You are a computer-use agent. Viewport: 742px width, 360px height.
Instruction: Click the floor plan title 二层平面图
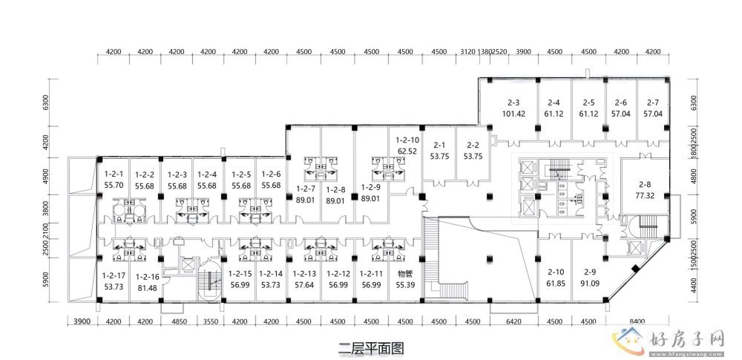pyautogui.click(x=370, y=346)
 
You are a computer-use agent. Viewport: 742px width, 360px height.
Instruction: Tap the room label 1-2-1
pyautogui.click(x=114, y=174)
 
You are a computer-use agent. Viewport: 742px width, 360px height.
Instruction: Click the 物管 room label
pyautogui.click(x=405, y=272)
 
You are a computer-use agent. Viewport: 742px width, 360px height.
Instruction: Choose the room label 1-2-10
pyautogui.click(x=407, y=140)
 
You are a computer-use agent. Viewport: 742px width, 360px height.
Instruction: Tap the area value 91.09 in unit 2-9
pyautogui.click(x=590, y=284)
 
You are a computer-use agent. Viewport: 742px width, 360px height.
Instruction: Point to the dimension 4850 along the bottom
pyautogui.click(x=178, y=321)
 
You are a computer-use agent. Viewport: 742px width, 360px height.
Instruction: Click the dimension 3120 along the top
pyautogui.click(x=467, y=53)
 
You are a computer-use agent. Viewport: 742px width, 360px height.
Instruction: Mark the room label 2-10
pyautogui.click(x=556, y=272)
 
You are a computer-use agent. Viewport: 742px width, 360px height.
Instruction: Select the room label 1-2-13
pyautogui.click(x=305, y=272)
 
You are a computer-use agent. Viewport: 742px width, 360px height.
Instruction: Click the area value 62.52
pyautogui.click(x=407, y=151)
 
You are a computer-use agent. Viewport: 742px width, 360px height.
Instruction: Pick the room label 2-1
pyautogui.click(x=439, y=145)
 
